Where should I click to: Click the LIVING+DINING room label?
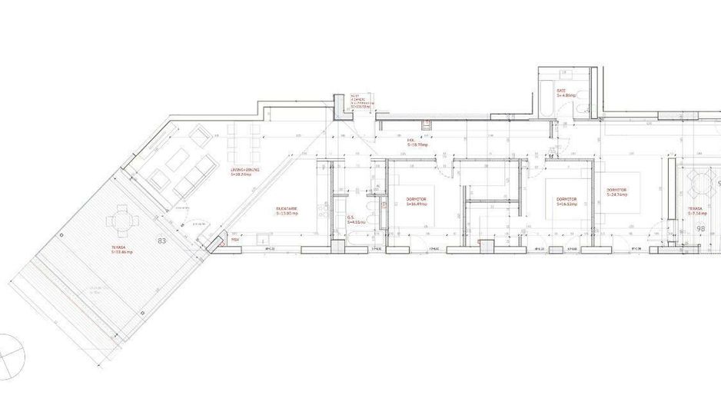(245, 171)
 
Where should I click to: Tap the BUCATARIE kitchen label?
(287, 211)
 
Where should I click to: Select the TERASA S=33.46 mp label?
(121, 250)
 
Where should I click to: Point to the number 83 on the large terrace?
(161, 241)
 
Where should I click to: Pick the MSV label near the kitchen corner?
(235, 240)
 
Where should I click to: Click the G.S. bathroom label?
(356, 219)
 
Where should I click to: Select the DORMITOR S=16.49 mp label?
(417, 201)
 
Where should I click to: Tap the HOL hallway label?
(417, 143)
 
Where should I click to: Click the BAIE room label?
(562, 92)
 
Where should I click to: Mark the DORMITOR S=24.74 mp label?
(616, 192)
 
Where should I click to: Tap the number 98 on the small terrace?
(700, 229)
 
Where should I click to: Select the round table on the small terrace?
(702, 182)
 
